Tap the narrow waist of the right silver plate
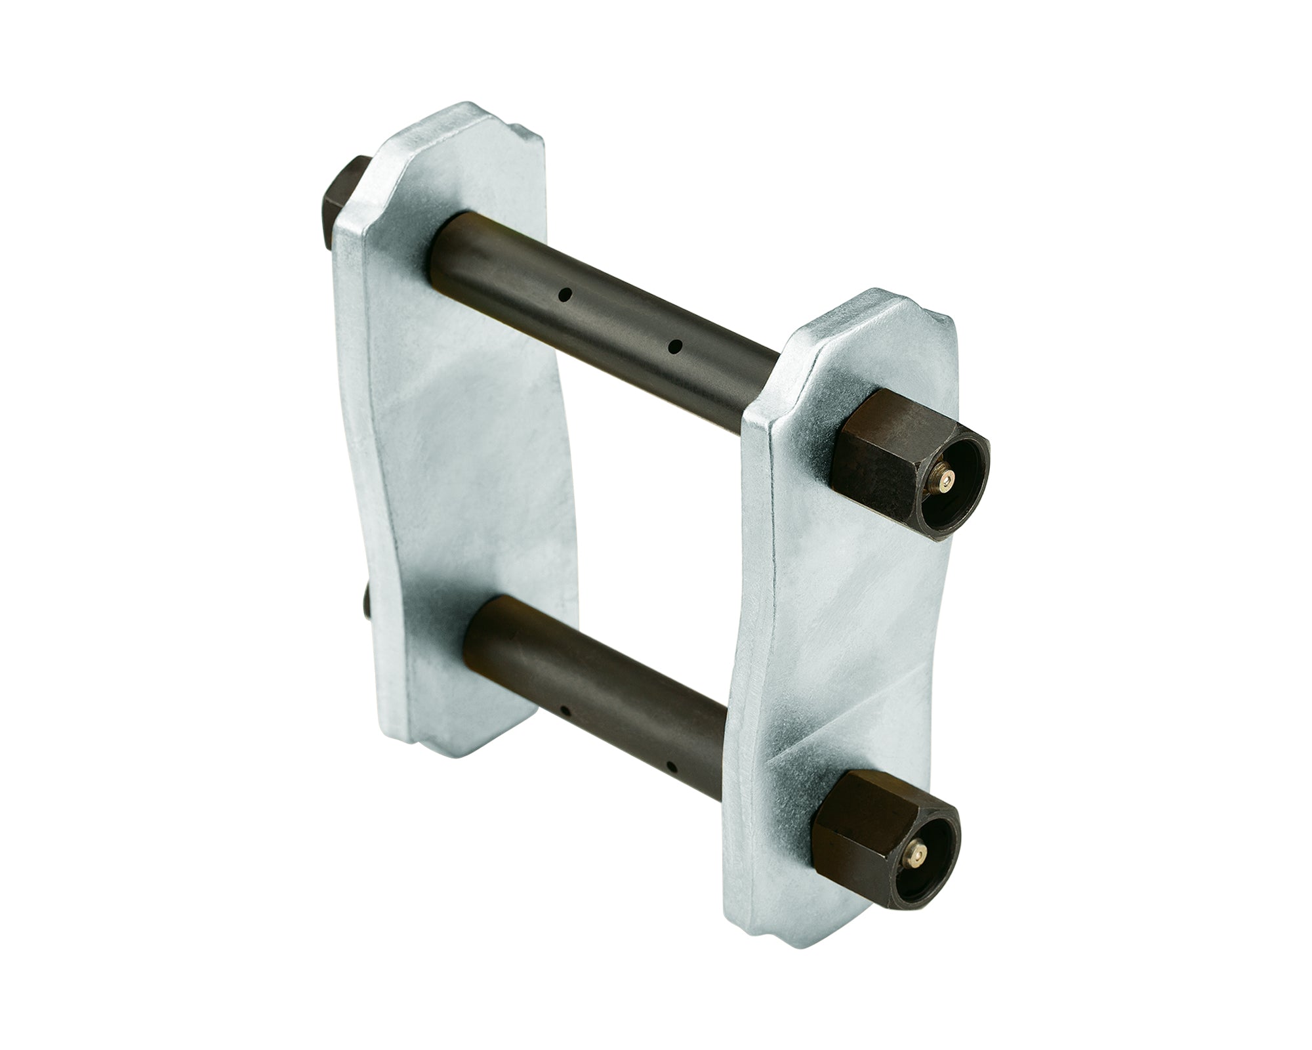pyautogui.click(x=846, y=630)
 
